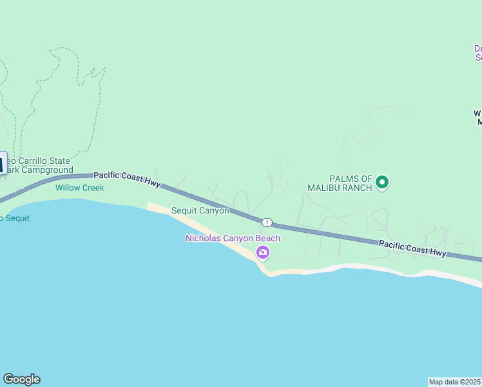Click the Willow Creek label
click(x=80, y=188)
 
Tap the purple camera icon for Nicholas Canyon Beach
click(x=263, y=252)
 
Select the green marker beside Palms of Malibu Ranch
click(x=382, y=183)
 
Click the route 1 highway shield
click(x=267, y=223)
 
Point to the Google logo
click(x=21, y=379)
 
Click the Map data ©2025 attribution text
click(x=454, y=382)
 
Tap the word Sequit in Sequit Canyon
click(x=184, y=211)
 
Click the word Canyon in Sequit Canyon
click(x=214, y=211)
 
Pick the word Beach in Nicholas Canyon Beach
click(x=268, y=239)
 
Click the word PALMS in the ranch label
click(x=343, y=179)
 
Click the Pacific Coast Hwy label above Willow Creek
click(x=127, y=179)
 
